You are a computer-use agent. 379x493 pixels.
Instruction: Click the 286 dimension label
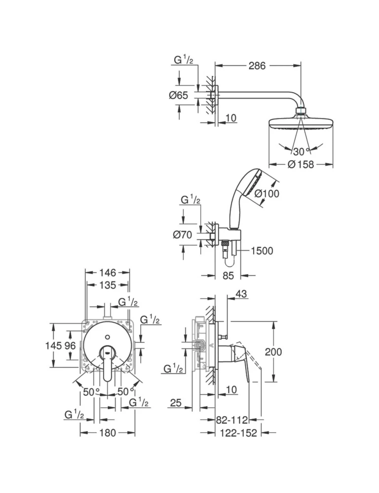coord(257,66)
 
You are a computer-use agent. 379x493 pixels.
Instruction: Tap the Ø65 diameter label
coord(178,96)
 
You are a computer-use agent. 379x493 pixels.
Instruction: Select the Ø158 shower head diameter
coord(301,165)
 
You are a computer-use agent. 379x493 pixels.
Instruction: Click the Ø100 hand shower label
coord(267,194)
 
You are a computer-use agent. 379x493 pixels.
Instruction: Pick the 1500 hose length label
coord(262,251)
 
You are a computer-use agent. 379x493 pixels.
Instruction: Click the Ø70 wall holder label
coord(182,235)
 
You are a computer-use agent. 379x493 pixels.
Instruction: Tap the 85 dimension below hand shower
coord(228,276)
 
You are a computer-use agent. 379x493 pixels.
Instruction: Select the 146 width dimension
coord(107,272)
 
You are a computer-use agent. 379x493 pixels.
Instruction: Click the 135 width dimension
coord(107,285)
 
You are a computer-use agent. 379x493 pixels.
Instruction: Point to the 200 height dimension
coord(273,352)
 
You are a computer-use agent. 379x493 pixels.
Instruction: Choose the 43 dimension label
coord(241,294)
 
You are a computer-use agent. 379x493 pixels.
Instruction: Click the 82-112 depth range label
coord(232,420)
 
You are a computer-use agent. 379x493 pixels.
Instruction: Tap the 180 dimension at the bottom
coord(107,433)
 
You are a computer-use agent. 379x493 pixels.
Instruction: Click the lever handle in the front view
coord(108,365)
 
